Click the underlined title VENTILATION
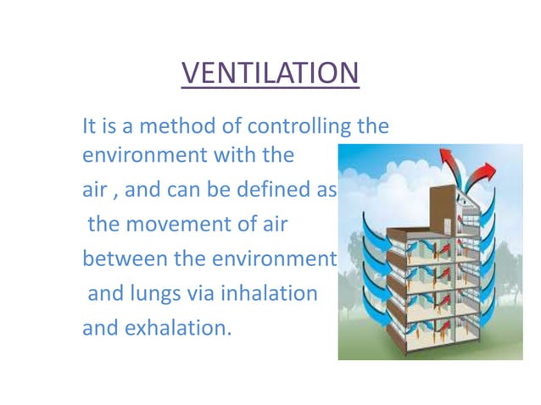(x=270, y=73)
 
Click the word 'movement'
(x=181, y=224)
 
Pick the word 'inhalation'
(x=269, y=294)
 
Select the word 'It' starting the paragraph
(x=88, y=128)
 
